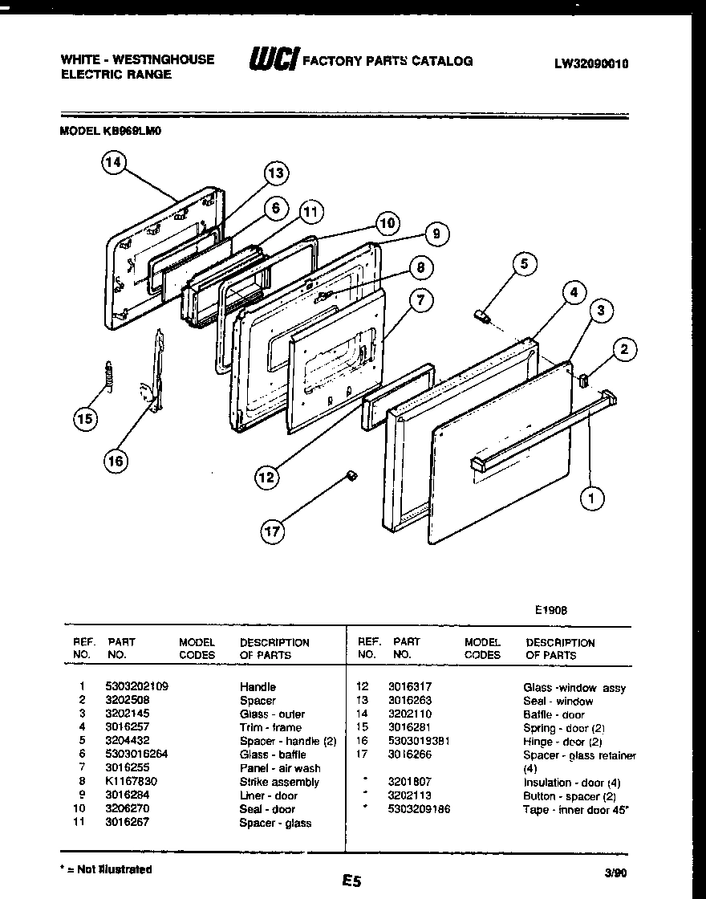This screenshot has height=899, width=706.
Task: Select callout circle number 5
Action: coord(524,264)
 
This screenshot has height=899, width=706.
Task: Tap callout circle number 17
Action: coord(274,530)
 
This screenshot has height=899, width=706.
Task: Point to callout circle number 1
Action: coord(592,498)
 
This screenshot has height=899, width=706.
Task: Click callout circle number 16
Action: coord(116,460)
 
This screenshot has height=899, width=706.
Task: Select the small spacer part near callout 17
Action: coord(350,475)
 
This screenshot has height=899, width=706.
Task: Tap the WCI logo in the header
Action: coord(274,60)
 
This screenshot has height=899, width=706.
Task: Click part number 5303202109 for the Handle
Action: coord(136,687)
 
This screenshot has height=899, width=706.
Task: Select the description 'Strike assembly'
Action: coord(279,782)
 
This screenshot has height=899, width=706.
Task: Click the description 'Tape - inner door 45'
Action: coord(575,810)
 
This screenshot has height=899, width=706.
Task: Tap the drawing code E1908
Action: coord(551,609)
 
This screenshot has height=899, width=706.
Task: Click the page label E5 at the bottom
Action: coord(351,881)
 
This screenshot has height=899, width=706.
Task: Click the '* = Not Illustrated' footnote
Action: coord(106,869)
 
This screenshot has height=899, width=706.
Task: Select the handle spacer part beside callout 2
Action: coord(582,377)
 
